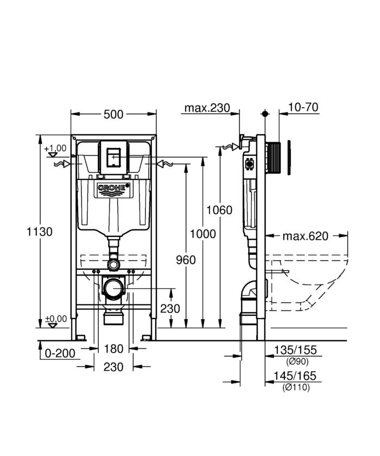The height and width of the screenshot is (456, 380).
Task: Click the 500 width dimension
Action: [x=114, y=114]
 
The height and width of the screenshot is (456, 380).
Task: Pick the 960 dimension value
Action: [x=186, y=260]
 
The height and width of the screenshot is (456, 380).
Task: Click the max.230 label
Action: [x=207, y=108]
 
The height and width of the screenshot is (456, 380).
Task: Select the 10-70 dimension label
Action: [x=303, y=107]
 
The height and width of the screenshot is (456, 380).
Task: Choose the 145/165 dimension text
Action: [x=295, y=376]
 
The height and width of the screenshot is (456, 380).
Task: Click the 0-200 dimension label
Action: [x=59, y=354]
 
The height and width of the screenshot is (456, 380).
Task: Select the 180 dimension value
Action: [x=113, y=348]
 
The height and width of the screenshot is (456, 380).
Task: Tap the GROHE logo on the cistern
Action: [x=114, y=189]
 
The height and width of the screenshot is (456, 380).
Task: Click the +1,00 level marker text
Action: [x=55, y=148]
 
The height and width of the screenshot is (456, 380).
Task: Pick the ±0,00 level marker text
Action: [x=55, y=318]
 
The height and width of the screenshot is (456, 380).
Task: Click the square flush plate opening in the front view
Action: [x=113, y=156]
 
